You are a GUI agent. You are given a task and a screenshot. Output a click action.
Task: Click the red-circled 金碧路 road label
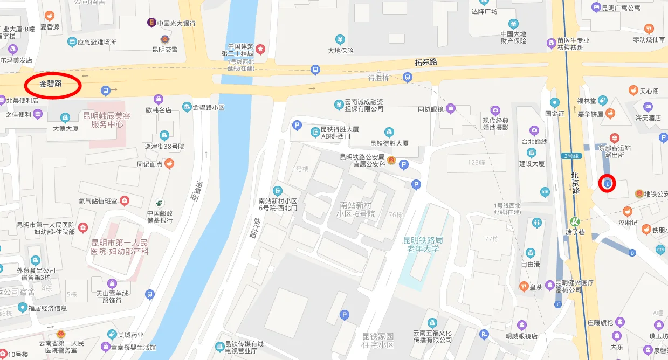pos(51,85)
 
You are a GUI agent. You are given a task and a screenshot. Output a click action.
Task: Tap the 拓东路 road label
pos(426,63)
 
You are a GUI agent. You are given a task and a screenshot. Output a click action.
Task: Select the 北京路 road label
pos(575,182)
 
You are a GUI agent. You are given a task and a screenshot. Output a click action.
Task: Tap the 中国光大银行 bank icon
pos(152,23)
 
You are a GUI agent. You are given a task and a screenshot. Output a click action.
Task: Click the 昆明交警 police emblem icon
pos(164,39)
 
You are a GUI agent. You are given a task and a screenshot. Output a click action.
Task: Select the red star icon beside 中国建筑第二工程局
pos(260,49)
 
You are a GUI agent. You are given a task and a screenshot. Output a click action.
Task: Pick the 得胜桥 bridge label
pos(378,78)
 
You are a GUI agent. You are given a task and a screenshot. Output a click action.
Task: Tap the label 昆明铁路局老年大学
pos(423,244)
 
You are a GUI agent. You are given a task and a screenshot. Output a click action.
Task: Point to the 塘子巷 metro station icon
pos(575,221)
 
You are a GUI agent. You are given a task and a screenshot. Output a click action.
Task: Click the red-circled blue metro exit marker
pos(608,184)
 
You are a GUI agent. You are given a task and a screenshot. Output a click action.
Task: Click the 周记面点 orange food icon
pos(169,163)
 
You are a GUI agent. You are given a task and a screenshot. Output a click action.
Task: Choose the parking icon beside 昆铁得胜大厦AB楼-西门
pos(296,126)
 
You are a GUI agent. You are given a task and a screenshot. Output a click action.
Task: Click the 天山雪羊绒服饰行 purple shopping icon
pos(112,283)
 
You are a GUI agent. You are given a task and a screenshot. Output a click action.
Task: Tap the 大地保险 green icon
pos(340,39)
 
